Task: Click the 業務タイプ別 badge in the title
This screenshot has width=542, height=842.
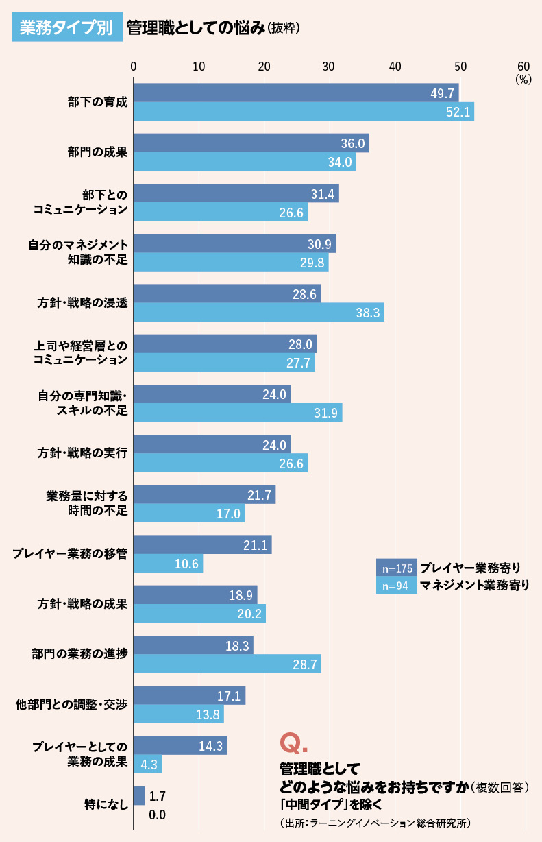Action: [66, 27]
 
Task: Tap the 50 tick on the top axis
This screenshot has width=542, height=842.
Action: [460, 67]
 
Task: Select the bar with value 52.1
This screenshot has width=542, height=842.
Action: [304, 112]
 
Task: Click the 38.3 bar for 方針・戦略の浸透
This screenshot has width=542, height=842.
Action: [258, 313]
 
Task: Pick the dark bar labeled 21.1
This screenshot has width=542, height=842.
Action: [202, 544]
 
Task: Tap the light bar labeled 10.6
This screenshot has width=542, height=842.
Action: [168, 564]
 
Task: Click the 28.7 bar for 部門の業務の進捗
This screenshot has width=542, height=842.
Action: [227, 664]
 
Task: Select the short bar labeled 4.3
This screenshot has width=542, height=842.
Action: [147, 764]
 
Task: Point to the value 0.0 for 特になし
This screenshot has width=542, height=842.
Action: [157, 815]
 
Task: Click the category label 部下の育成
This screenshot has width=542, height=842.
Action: [97, 102]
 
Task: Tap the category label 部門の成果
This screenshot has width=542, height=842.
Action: [97, 152]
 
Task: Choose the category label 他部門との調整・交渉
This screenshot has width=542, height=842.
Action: [72, 704]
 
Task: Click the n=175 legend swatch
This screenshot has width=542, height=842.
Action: [396, 568]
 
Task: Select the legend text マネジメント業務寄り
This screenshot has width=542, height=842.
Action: [475, 586]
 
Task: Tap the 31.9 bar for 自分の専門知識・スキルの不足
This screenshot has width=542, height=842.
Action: [237, 413]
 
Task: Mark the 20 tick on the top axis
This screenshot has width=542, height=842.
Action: [264, 67]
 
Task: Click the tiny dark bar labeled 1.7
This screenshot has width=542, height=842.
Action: [139, 795]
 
